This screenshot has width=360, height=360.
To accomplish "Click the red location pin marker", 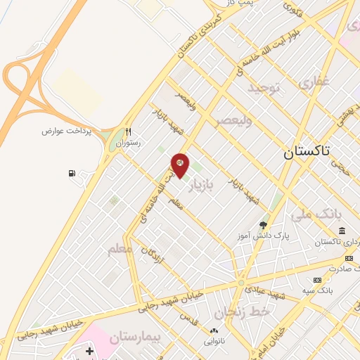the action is point(180,165).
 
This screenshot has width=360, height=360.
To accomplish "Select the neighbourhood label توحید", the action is point(264,88).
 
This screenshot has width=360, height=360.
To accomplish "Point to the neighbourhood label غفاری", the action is point(314,83).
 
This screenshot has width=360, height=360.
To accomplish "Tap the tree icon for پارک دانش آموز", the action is point(264,225).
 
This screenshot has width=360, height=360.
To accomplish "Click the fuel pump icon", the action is point(72,174).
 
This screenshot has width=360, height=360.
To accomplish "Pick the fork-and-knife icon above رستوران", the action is point(128,131).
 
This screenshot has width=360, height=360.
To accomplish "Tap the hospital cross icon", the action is point(89,350).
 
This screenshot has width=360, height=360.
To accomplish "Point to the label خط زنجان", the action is point(233,310).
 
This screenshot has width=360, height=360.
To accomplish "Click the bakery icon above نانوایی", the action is point(214,330).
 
